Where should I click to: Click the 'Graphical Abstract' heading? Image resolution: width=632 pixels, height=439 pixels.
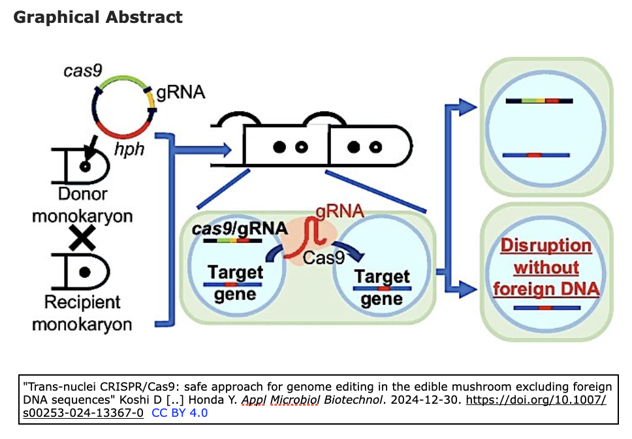click(98, 17)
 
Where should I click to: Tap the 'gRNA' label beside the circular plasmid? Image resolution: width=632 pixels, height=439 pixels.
click(180, 92)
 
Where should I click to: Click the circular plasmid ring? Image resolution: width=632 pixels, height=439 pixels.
click(123, 108)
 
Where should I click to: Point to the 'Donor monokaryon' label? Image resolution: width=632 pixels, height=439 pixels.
click(82, 204)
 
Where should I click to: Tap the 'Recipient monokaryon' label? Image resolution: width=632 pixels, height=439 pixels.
click(82, 313)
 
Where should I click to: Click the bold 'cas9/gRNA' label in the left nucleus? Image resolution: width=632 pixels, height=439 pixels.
click(240, 229)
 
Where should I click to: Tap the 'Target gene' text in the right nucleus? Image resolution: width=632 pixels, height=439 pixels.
click(382, 287)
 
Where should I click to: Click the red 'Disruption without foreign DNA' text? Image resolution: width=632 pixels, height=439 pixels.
click(546, 267)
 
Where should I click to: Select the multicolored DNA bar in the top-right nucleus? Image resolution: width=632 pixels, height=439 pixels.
click(539, 101)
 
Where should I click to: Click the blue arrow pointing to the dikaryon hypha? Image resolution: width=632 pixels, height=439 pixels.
click(202, 150)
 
